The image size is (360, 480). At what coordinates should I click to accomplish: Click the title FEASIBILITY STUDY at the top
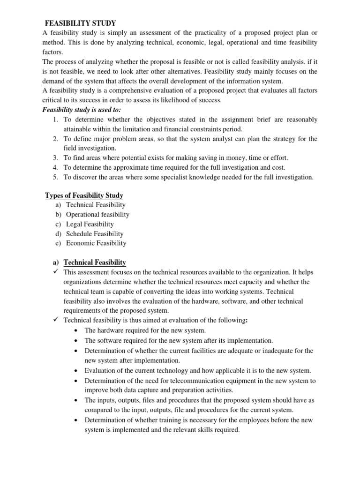[x=80, y=23]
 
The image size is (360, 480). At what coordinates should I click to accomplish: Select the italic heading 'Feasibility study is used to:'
[x=82, y=109]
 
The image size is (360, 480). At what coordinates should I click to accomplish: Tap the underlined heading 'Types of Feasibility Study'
[x=84, y=195]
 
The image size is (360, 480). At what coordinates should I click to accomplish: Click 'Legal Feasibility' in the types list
[x=90, y=224]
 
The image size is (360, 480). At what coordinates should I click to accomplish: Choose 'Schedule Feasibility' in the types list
[x=95, y=233]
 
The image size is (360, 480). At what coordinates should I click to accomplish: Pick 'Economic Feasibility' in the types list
[x=96, y=243]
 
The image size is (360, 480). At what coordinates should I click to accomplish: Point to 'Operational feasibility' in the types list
[x=97, y=214]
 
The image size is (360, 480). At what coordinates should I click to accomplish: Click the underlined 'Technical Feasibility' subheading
[x=95, y=262]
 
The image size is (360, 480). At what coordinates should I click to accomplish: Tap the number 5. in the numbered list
[x=55, y=177]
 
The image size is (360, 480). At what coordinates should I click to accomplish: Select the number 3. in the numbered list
[x=55, y=157]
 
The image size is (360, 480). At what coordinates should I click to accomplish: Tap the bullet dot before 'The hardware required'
[x=76, y=330]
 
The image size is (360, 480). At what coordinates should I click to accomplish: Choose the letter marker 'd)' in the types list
[x=58, y=233]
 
